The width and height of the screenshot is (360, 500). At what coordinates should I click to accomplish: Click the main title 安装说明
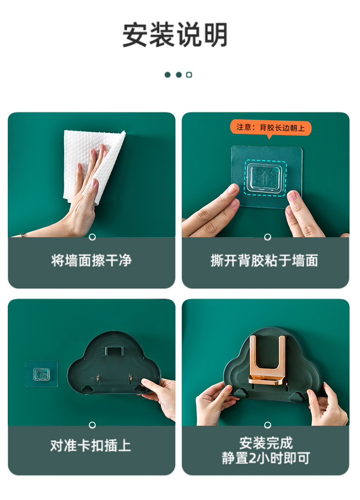pyautogui.click(x=175, y=35)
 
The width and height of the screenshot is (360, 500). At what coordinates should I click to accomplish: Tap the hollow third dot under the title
pyautogui.click(x=189, y=75)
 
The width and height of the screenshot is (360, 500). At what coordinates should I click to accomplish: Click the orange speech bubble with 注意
pyautogui.click(x=270, y=128)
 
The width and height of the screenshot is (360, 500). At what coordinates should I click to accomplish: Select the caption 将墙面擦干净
pyautogui.click(x=92, y=260)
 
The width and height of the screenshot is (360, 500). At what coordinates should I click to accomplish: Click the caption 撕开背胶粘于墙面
pyautogui.click(x=264, y=260)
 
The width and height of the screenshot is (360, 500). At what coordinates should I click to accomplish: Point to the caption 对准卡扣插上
pyautogui.click(x=91, y=445)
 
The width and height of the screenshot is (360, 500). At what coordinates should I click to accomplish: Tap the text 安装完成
pyautogui.click(x=266, y=443)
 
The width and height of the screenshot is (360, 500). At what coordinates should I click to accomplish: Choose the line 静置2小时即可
pyautogui.click(x=266, y=458)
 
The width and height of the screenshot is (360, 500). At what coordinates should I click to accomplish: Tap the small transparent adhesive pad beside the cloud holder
pyautogui.click(x=42, y=373)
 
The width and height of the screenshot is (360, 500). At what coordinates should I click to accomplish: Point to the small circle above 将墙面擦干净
pyautogui.click(x=92, y=237)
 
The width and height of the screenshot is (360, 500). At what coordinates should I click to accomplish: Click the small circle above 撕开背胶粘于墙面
pyautogui.click(x=267, y=237)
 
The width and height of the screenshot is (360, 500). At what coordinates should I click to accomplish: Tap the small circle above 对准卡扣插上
pyautogui.click(x=92, y=425)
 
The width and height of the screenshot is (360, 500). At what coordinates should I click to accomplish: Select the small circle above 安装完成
pyautogui.click(x=267, y=425)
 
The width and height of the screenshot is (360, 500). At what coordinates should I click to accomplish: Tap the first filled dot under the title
pyautogui.click(x=168, y=75)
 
